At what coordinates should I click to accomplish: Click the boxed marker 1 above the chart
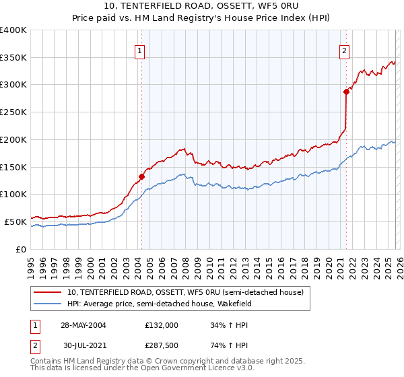[x=139, y=50]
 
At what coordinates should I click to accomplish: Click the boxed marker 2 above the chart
[x=344, y=50]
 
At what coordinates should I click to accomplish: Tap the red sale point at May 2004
[x=141, y=177]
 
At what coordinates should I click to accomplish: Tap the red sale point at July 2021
[x=346, y=92]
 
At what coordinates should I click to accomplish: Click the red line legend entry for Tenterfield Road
[x=185, y=292]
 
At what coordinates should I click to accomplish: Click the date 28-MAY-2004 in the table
[x=83, y=325]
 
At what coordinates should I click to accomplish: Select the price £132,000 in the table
[x=161, y=325]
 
